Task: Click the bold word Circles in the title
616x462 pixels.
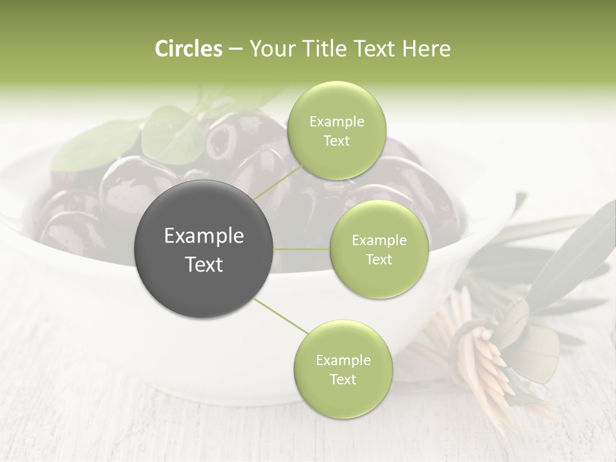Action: pos(188,49)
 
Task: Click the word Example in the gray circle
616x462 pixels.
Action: pos(204,236)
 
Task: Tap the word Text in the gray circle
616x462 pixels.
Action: pos(204,264)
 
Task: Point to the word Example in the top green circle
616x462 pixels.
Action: pos(336,122)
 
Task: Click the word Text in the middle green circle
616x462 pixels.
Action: pos(379,260)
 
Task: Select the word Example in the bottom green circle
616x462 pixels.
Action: pos(343,361)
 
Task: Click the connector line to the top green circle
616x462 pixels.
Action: pos(277,182)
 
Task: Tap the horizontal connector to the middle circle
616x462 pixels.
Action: pos(302,249)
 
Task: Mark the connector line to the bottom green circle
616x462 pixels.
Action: pos(280,316)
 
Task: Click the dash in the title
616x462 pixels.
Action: pos(235,49)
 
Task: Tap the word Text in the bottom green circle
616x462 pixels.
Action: pos(343,380)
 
